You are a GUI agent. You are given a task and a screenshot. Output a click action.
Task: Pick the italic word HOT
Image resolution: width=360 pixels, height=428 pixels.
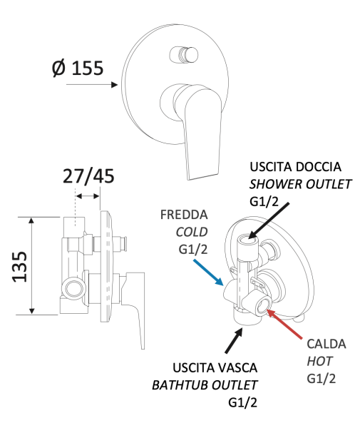pos(319,362)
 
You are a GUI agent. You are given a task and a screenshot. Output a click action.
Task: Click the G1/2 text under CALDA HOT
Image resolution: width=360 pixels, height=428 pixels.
pos(322,379)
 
